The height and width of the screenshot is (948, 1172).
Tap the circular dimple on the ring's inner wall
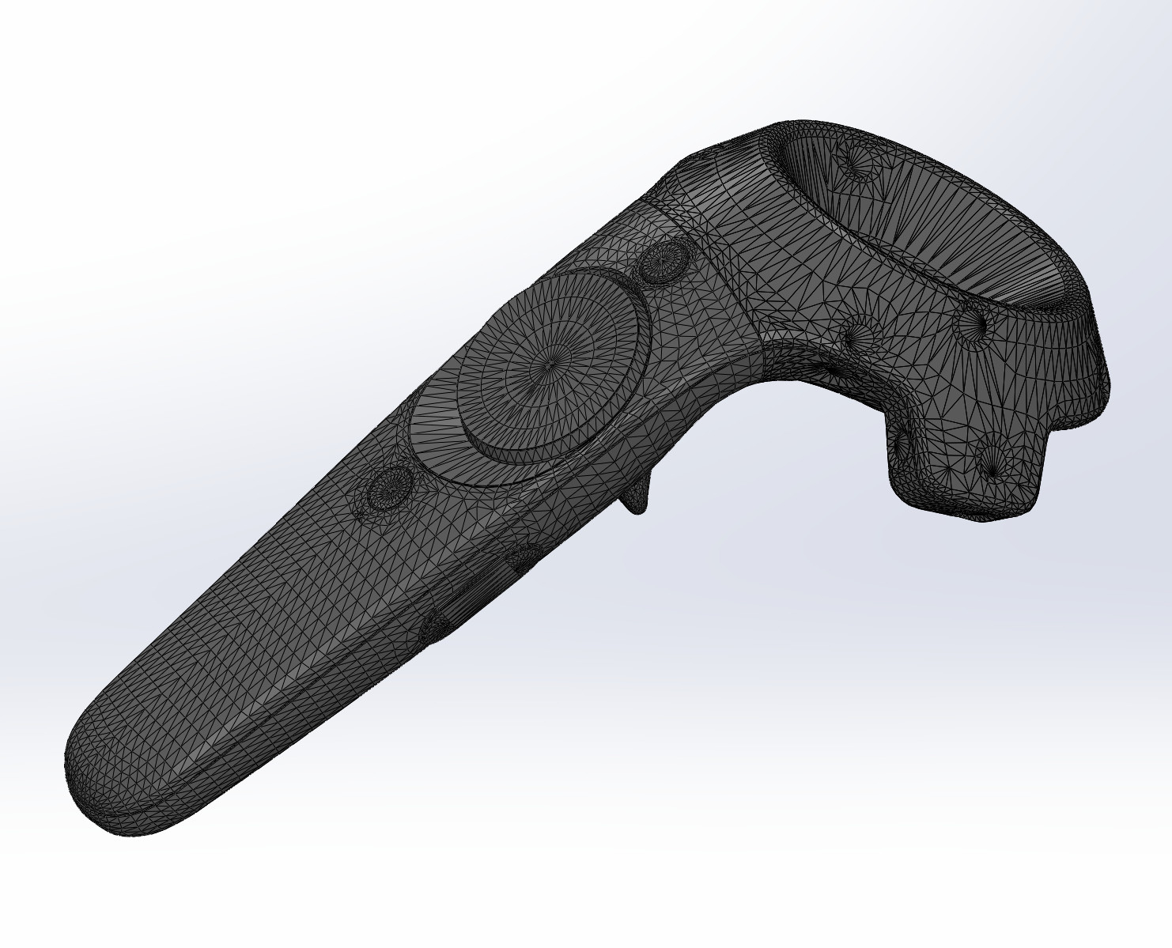pyautogui.click(x=859, y=162)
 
